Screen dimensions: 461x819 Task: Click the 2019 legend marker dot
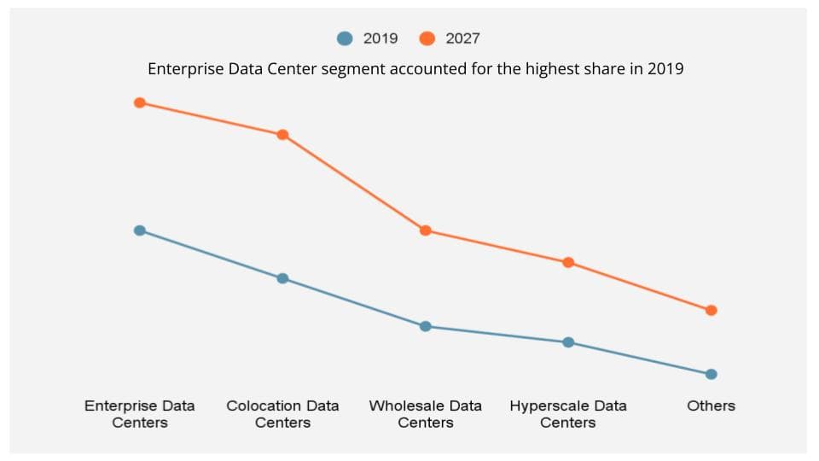point(345,38)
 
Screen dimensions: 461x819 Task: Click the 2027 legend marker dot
point(427,38)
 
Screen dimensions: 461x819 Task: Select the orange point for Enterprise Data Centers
point(140,103)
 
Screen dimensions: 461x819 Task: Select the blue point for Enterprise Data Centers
point(140,230)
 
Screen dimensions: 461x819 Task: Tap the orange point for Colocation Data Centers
point(282,135)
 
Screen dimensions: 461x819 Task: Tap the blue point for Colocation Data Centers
point(282,278)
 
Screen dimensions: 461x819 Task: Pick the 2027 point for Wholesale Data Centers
point(426,230)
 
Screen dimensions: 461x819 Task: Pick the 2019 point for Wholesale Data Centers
point(426,326)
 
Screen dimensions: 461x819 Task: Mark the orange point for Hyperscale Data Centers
point(568,262)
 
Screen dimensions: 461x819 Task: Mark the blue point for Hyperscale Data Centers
point(568,342)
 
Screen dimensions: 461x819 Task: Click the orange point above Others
point(712,310)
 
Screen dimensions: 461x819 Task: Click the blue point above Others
point(712,374)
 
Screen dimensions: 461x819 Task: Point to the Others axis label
point(711,406)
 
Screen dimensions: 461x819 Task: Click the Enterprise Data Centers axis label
point(140,414)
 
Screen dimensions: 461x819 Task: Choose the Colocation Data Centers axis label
point(282,414)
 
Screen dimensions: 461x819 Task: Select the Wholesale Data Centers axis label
point(426,414)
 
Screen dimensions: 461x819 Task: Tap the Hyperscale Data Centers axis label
point(568,414)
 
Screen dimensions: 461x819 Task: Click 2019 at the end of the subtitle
point(665,70)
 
